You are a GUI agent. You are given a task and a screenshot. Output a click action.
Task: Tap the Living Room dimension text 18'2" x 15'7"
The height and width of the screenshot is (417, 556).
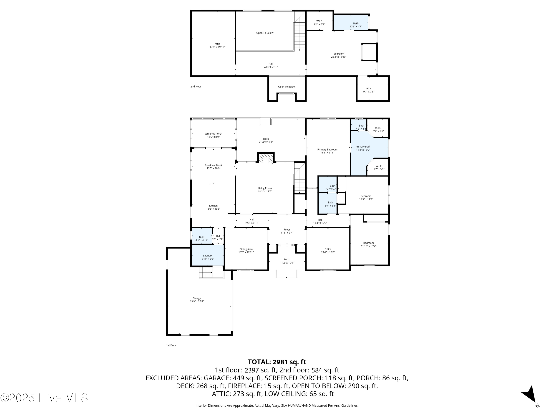click(x=265, y=191)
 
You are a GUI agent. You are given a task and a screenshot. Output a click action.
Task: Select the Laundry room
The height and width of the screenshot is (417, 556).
click(x=208, y=255)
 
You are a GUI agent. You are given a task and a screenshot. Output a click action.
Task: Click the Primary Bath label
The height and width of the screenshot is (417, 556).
click(x=363, y=147)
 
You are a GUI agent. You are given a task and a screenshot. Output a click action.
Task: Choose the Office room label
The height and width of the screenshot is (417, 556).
click(x=328, y=249)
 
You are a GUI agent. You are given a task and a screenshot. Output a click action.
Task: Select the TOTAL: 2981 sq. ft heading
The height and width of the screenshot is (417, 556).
click(x=277, y=362)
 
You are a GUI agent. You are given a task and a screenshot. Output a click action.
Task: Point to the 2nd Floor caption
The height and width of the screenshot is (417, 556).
click(x=196, y=87)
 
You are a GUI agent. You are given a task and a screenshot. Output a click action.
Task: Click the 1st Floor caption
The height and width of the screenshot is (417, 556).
click(x=171, y=345)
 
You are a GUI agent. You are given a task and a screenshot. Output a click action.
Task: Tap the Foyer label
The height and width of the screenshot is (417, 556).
click(x=287, y=229)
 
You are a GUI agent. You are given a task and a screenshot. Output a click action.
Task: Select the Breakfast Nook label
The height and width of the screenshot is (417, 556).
click(x=213, y=165)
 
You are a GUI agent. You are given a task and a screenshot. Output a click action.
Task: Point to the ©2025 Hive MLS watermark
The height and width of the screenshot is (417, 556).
click(x=44, y=398)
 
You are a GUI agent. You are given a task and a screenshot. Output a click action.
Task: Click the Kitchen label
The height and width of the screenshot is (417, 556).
click(x=213, y=206)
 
